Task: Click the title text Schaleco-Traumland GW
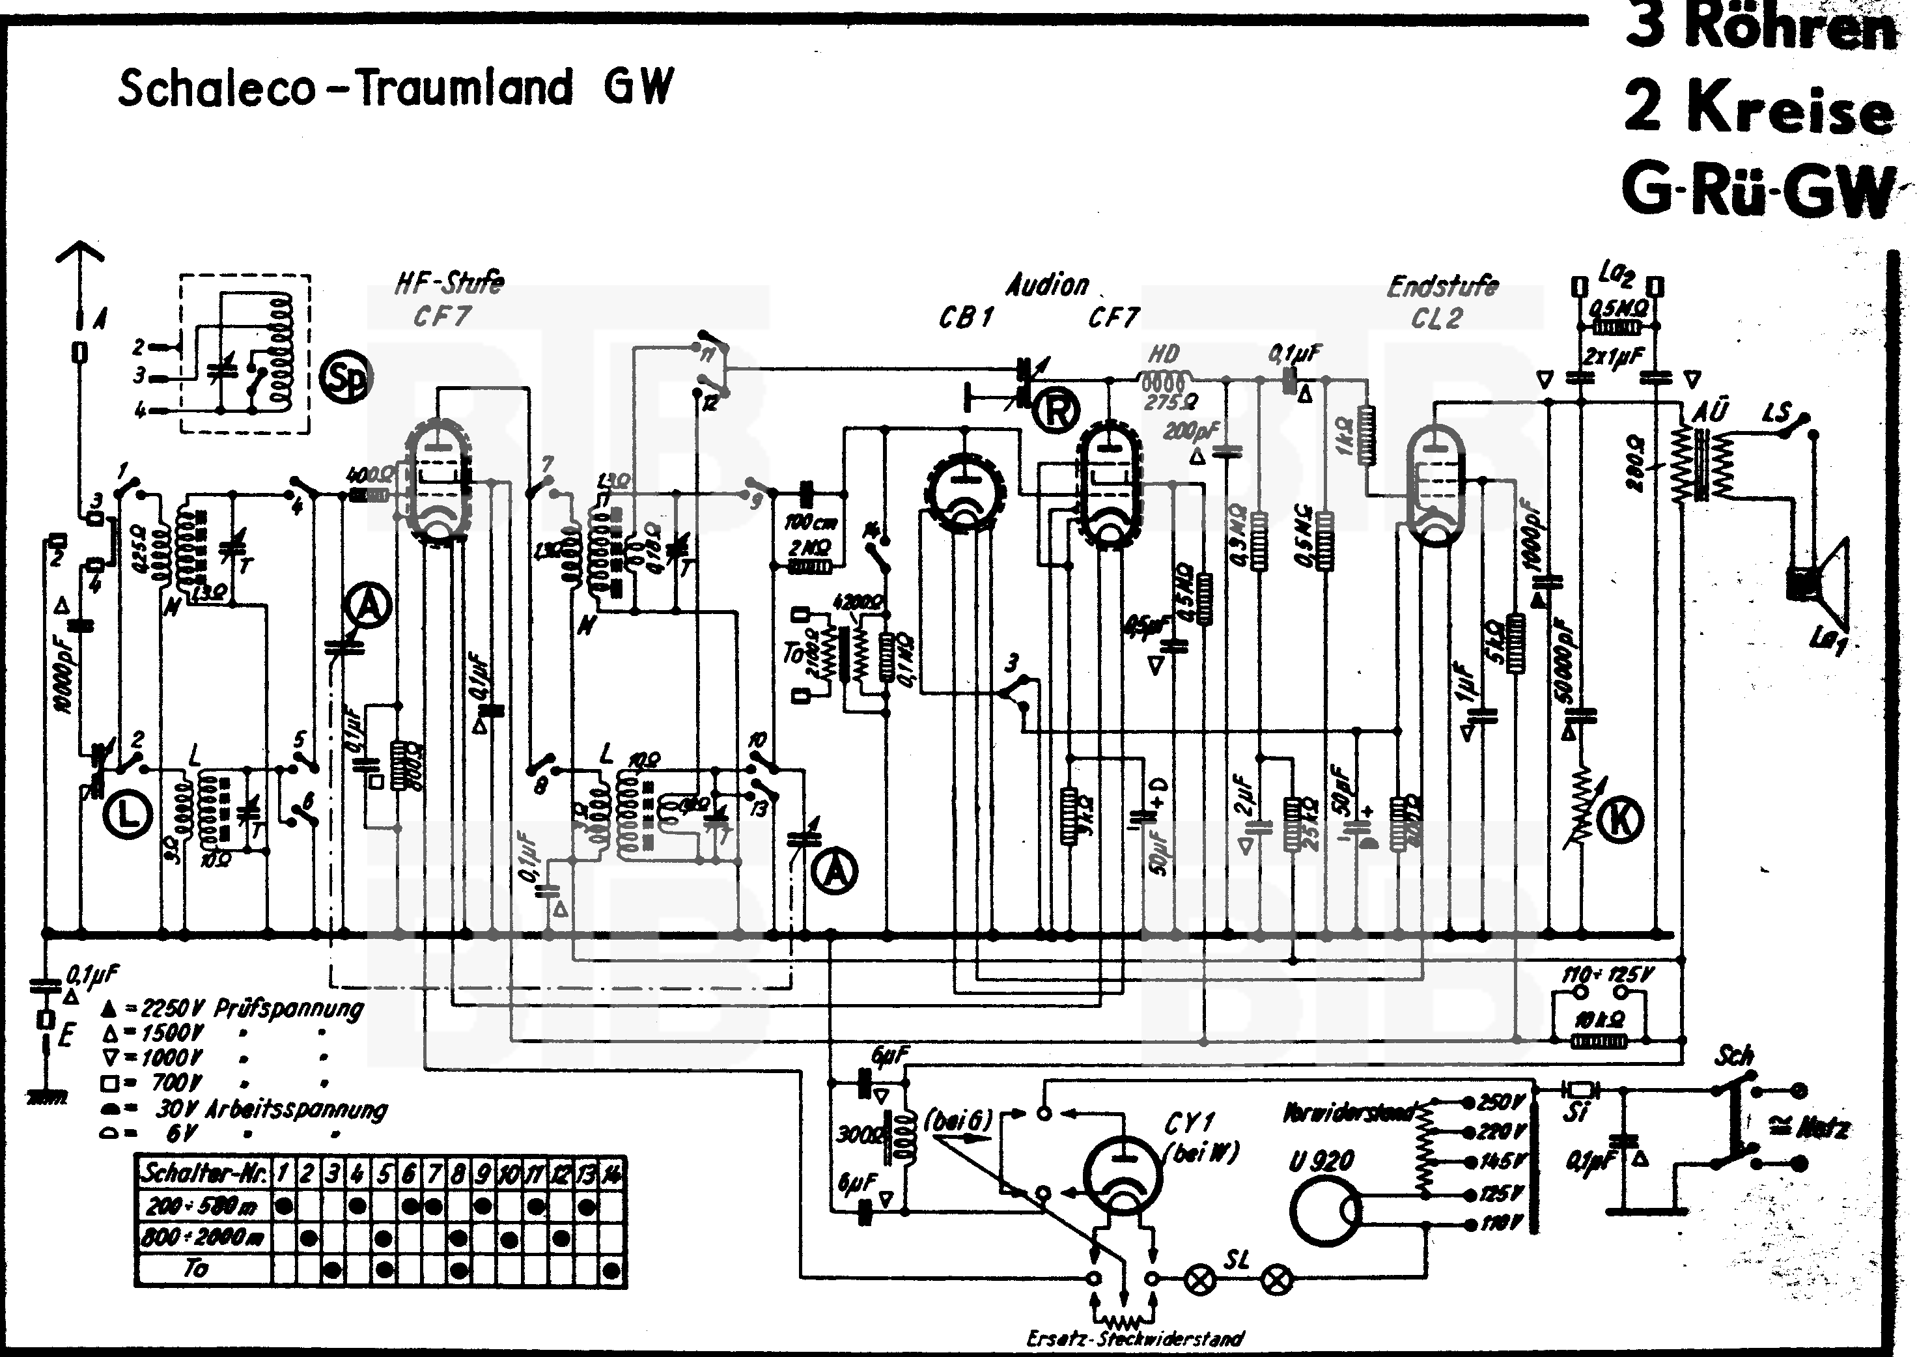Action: click(395, 88)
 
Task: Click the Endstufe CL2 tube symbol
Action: click(1435, 484)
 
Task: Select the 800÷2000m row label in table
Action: click(203, 1236)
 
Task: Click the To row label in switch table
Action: click(197, 1268)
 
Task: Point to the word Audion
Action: click(1047, 286)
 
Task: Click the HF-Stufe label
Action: click(449, 283)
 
